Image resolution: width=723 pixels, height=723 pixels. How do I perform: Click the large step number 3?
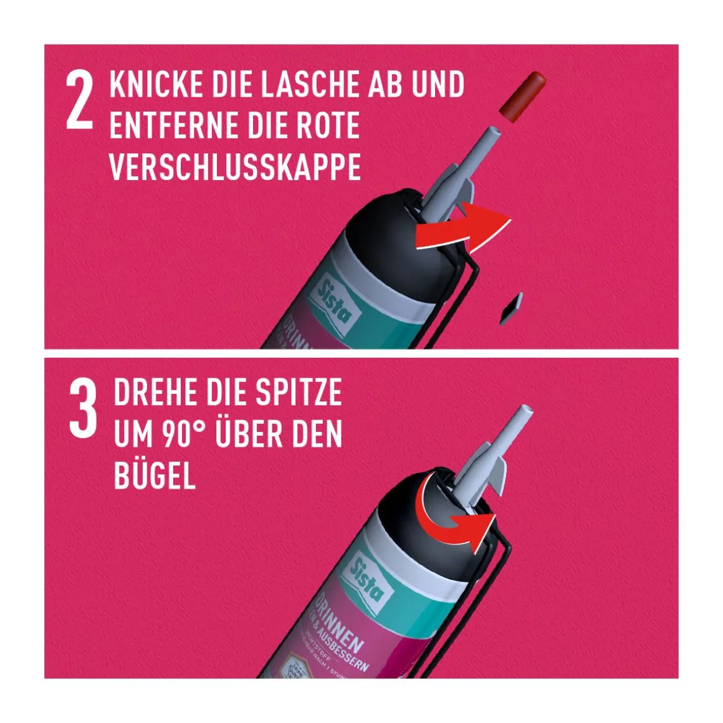click(83, 409)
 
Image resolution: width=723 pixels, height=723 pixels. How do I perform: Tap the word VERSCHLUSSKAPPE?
click(235, 167)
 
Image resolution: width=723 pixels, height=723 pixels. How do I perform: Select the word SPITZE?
click(299, 393)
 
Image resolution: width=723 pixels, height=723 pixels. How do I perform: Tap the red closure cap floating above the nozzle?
click(522, 96)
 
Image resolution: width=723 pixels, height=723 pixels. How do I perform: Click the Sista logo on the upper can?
click(335, 301)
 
